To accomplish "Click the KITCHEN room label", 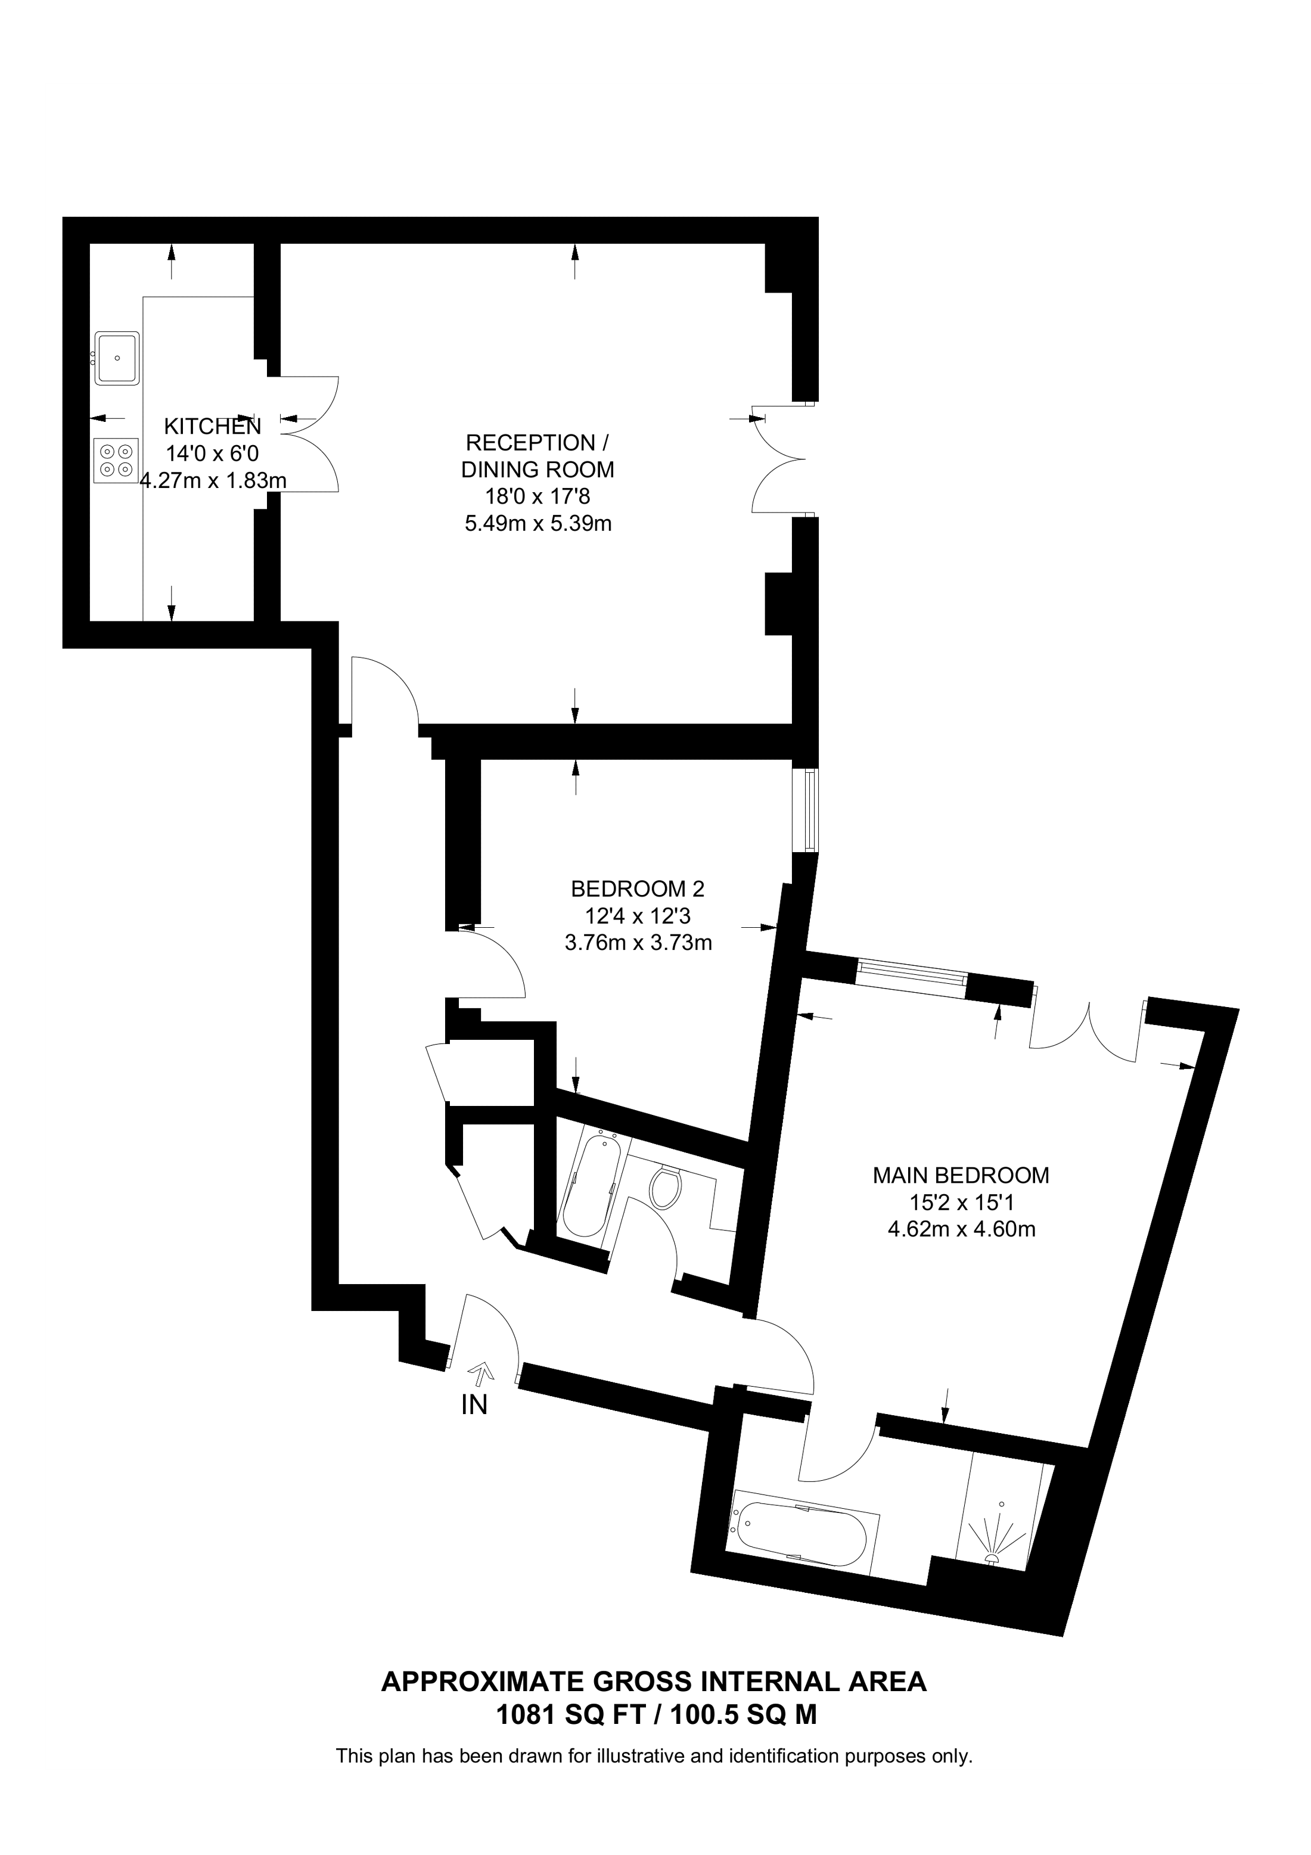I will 213,427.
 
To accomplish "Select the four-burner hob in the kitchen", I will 116,461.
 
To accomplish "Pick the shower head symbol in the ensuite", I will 998,1539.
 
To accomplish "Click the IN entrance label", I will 474,1406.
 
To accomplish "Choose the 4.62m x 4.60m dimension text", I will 961,1230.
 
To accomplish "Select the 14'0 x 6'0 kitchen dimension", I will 213,453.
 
